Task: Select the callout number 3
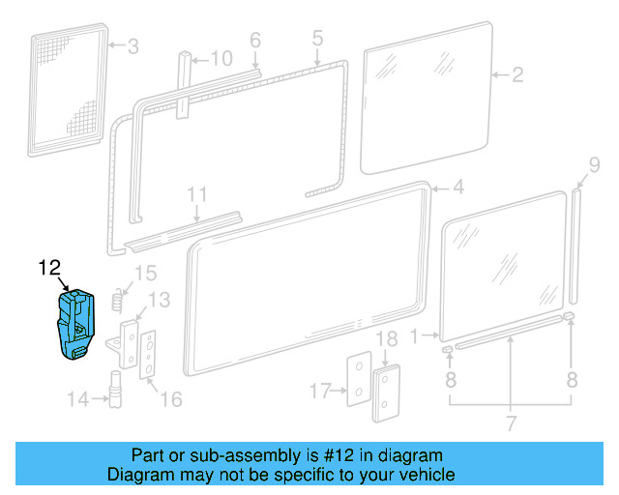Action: coord(133,45)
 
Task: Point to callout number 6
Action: coord(255,40)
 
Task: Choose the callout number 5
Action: coord(316,39)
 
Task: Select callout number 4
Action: coord(457,187)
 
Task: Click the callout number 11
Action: coord(197,194)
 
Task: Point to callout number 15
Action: coord(144,273)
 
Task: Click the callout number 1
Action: coord(416,337)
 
